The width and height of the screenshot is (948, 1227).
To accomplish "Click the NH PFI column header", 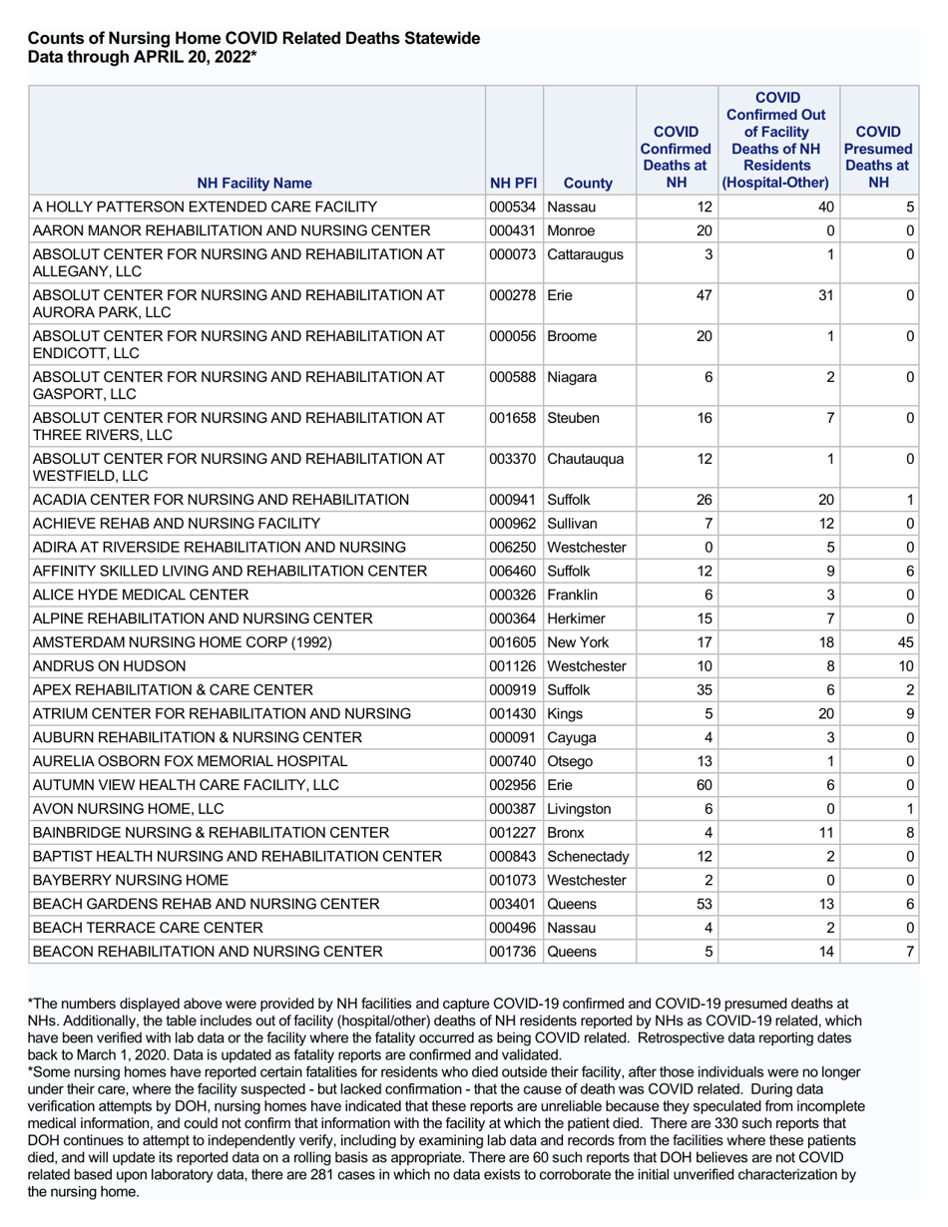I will (512, 184).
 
